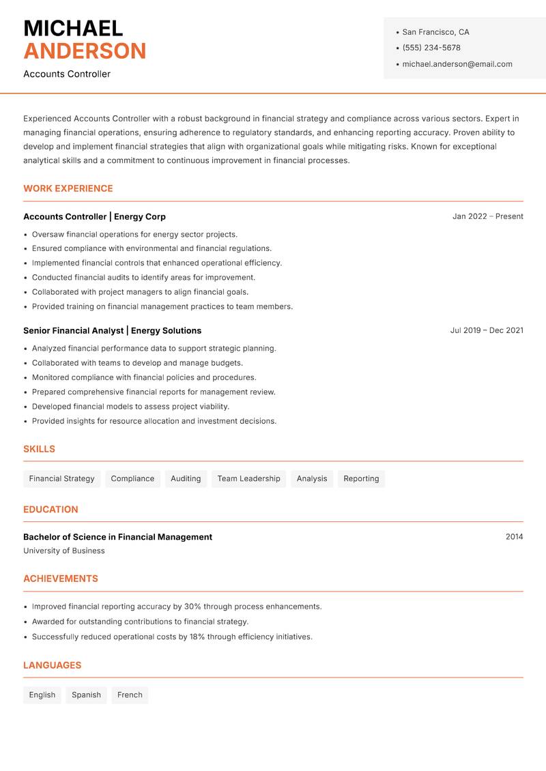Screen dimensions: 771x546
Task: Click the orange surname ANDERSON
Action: click(x=85, y=51)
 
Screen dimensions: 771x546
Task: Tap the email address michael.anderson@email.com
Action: click(x=457, y=64)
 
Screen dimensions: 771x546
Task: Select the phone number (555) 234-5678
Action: click(x=431, y=48)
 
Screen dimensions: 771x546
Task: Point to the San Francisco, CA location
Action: click(x=435, y=32)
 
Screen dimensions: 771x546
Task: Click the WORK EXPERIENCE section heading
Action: click(x=68, y=188)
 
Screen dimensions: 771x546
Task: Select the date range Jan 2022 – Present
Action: click(x=487, y=216)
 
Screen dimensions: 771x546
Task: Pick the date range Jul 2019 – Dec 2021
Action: click(x=487, y=330)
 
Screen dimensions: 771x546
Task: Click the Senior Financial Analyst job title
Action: click(x=73, y=330)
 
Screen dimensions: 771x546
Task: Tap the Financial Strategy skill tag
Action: click(x=61, y=479)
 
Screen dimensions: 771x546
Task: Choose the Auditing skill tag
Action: click(x=186, y=479)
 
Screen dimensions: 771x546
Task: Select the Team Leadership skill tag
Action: click(x=248, y=479)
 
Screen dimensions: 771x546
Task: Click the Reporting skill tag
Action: click(x=361, y=479)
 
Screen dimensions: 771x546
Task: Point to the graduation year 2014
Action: click(x=514, y=537)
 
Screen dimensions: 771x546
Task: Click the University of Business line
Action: click(x=64, y=551)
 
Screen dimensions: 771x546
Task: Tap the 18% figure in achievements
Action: click(x=197, y=637)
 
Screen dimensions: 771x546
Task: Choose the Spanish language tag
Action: click(x=86, y=695)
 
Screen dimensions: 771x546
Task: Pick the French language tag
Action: click(x=130, y=695)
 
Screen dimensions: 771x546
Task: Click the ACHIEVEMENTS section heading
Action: click(x=61, y=579)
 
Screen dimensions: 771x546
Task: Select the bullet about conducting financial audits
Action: click(x=143, y=278)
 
